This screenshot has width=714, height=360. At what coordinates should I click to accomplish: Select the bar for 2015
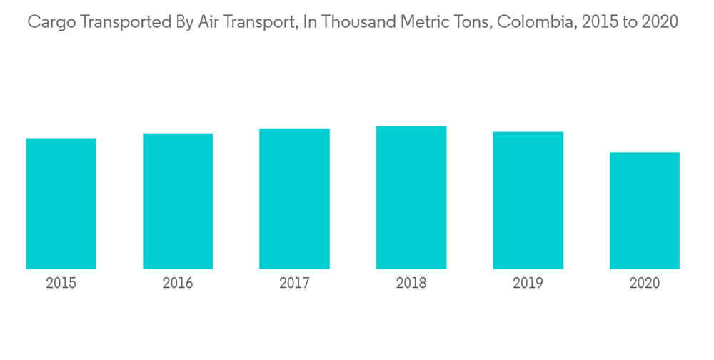61,204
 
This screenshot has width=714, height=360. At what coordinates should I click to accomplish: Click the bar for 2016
178,201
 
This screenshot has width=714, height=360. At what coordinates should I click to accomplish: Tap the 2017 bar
294,199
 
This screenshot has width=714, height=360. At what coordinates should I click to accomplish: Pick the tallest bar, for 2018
411,197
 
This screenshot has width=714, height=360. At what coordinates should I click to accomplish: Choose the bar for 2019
528,200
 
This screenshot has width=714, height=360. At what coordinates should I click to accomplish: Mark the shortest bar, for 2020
645,211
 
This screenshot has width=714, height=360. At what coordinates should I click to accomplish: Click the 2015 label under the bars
61,284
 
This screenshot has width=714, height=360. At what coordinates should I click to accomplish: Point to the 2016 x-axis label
178,284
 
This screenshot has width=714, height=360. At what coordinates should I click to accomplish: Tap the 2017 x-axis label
294,284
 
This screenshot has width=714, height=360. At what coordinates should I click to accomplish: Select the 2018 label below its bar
411,284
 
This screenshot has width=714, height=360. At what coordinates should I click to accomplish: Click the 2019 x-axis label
528,284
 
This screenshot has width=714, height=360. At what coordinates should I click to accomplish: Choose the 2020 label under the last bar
645,284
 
